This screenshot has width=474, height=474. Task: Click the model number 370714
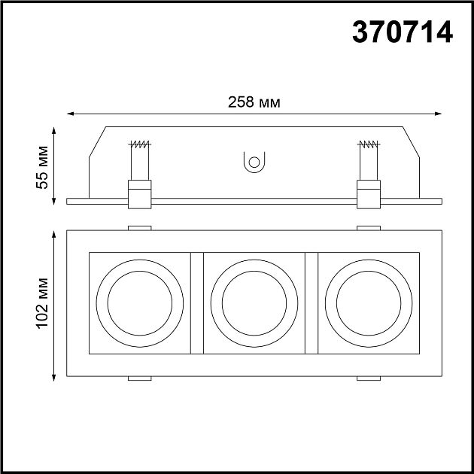point(403,32)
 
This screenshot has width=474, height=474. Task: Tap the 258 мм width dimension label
point(254,102)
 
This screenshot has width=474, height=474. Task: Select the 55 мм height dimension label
point(42,167)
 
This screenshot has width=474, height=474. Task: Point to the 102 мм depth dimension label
point(42,303)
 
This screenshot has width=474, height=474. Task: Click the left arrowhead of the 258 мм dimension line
point(71,114)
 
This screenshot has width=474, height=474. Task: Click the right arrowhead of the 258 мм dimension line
point(438,114)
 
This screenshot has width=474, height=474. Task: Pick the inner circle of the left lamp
point(108,303)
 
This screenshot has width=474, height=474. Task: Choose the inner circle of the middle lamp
point(222,303)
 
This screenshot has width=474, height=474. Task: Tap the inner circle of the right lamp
point(336,303)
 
